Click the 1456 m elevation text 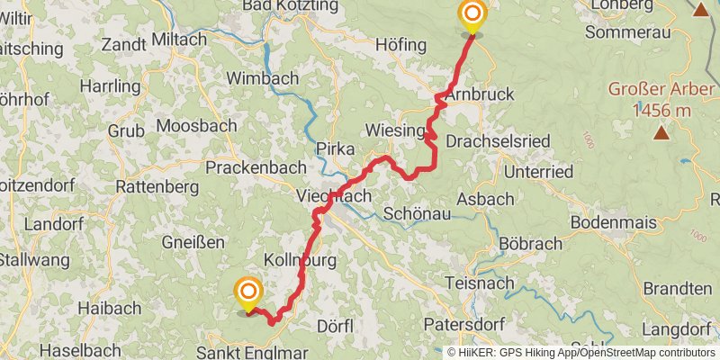click(x=661, y=110)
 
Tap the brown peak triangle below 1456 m click(x=661, y=133)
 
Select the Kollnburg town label click(x=299, y=260)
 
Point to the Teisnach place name click(x=481, y=283)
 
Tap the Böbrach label click(x=530, y=244)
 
